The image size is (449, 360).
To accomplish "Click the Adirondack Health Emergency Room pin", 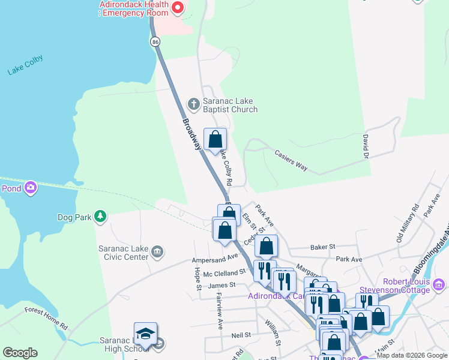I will (177, 8).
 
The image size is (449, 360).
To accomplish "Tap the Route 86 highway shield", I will (155, 41).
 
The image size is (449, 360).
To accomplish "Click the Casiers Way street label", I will (291, 159).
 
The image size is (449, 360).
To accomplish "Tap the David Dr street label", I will (365, 146).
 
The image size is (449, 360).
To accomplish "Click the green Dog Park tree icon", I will (101, 217).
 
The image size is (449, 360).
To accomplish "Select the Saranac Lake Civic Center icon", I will (157, 251).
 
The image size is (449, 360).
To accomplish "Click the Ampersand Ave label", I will (215, 259).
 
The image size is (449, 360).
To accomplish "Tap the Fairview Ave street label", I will (220, 305).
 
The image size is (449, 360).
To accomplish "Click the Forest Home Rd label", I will (46, 318).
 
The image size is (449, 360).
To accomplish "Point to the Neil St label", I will (240, 335).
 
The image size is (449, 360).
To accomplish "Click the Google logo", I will (20, 353).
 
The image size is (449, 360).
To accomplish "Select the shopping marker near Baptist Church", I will (215, 140).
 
